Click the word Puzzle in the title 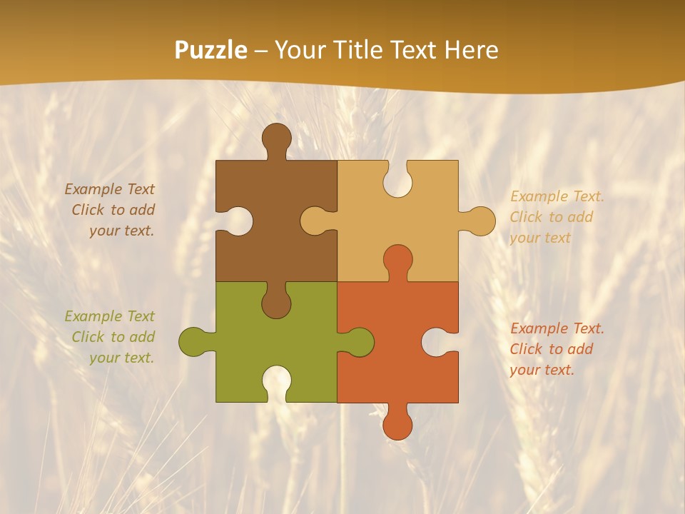click(211, 51)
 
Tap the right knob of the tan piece click(479, 221)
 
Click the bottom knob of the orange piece click(397, 424)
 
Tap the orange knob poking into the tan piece click(397, 260)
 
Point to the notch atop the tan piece click(397, 178)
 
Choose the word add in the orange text click(581, 349)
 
